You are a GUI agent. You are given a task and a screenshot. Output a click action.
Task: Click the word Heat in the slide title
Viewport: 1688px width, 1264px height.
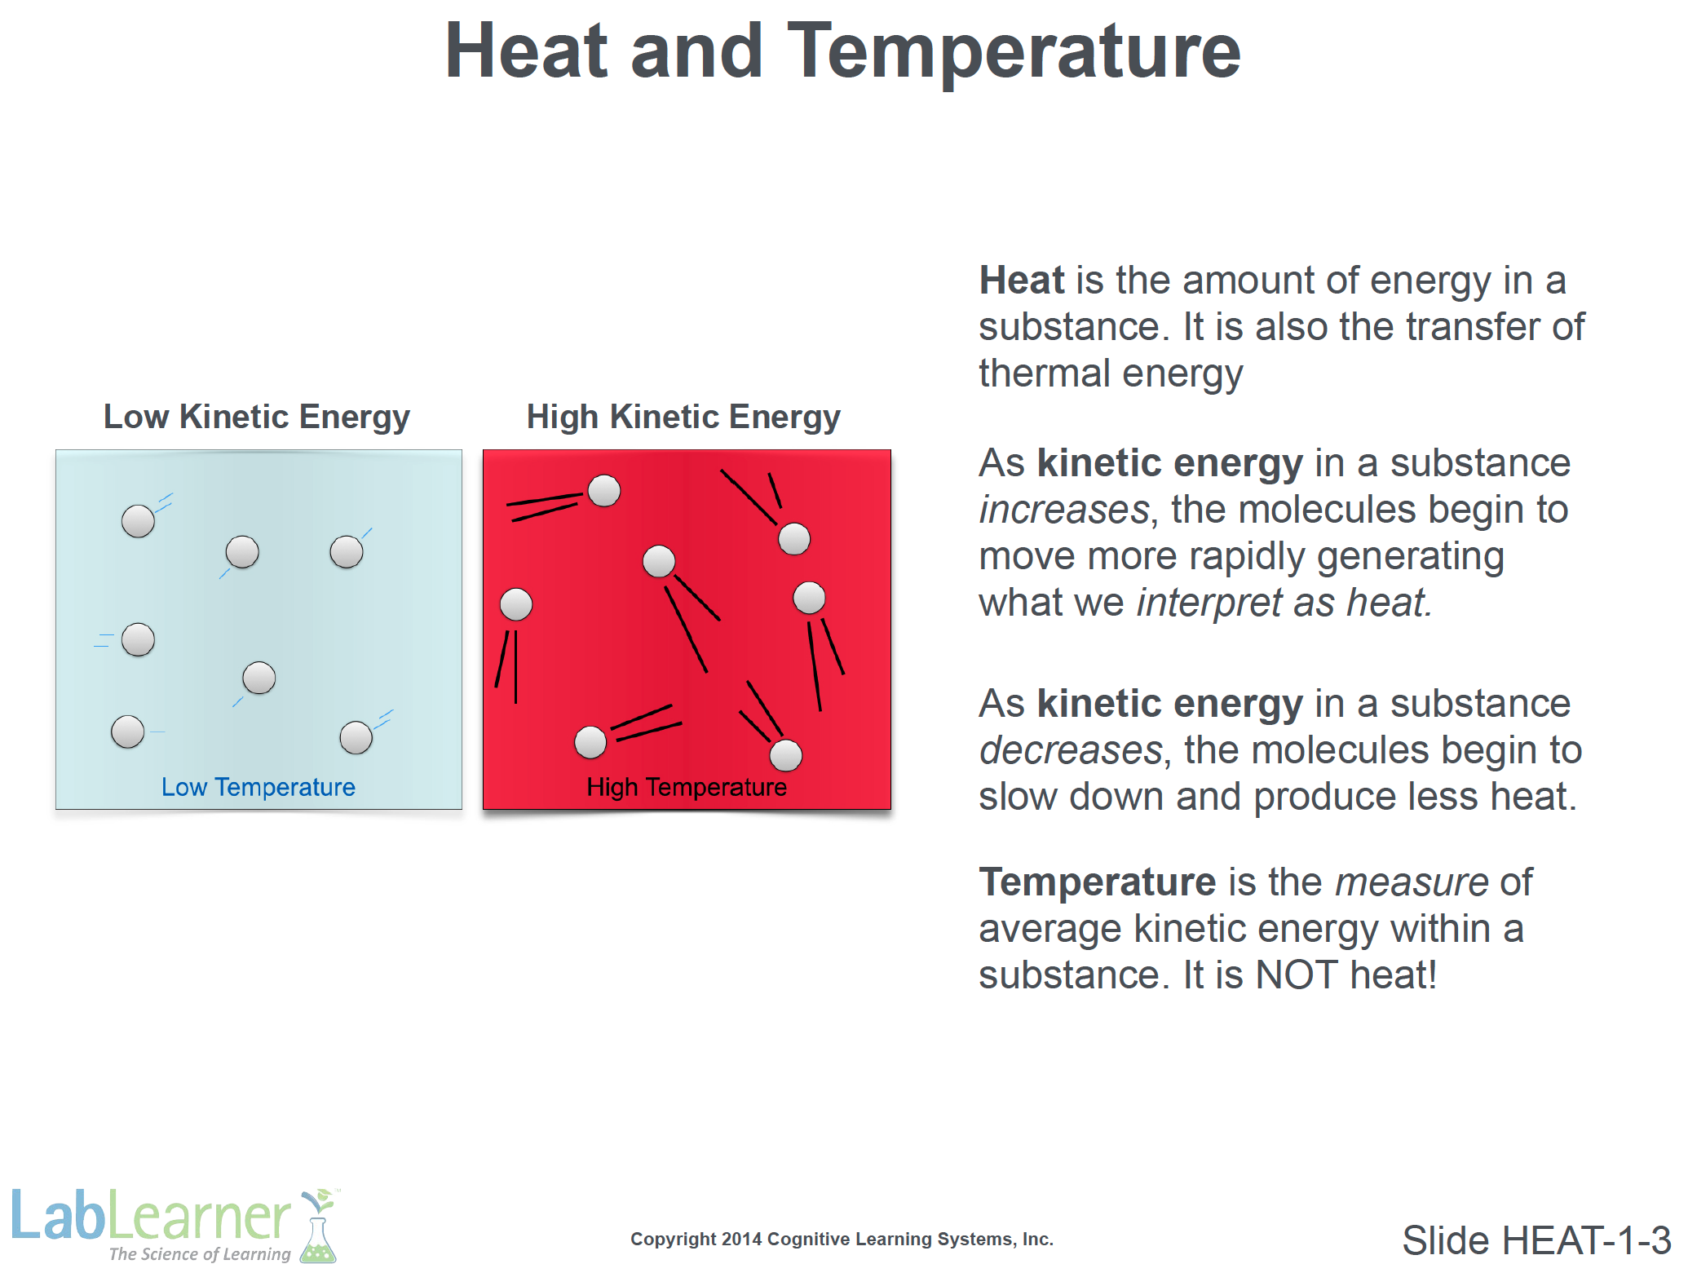pos(524,51)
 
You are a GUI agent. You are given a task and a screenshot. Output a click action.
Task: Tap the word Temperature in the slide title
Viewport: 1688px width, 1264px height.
pos(1014,55)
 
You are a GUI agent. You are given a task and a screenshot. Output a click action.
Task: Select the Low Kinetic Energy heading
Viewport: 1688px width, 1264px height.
pos(256,418)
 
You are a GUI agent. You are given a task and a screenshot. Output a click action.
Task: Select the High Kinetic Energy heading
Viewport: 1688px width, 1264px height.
pos(683,418)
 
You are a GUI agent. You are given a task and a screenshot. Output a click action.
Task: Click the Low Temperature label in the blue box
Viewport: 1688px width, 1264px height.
pos(259,787)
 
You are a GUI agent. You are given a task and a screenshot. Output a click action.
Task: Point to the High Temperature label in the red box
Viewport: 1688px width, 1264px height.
pos(687,787)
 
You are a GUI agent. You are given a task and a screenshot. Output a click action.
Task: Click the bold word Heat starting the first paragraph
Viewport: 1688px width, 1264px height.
pos(1022,280)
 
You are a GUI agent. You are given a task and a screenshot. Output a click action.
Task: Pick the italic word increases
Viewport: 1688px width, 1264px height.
pos(1064,510)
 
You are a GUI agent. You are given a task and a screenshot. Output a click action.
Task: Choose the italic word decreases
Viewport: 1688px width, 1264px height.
pos(1071,750)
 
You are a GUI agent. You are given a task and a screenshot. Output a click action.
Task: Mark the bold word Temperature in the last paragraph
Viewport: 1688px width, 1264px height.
pos(1098,883)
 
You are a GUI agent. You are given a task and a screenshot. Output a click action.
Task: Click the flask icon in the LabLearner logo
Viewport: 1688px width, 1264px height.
pos(318,1227)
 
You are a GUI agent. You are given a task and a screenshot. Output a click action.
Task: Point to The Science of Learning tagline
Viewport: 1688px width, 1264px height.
pos(200,1253)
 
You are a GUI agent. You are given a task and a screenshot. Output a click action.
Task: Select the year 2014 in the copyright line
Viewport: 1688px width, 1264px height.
pos(741,1240)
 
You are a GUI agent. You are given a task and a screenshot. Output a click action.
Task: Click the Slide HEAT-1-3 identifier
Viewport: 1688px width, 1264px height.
pos(1536,1240)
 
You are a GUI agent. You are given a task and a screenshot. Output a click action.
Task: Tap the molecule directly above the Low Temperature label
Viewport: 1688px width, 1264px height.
pos(259,678)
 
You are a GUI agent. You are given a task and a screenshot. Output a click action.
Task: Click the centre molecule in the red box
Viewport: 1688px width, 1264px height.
pos(659,561)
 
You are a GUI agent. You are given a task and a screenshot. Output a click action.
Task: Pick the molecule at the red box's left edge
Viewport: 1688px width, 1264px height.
pos(516,605)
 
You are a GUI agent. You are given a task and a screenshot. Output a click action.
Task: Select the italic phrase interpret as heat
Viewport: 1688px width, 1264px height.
pos(1284,603)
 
